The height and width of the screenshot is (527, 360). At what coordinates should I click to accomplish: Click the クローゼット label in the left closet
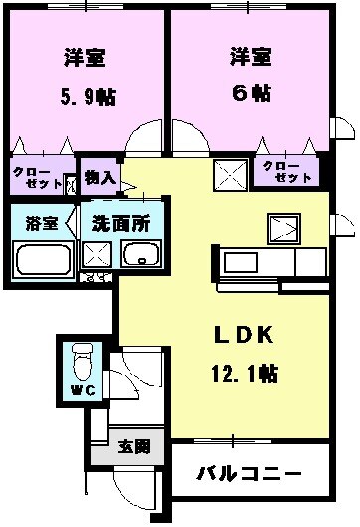pos(36,178)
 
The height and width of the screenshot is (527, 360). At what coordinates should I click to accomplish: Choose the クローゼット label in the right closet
pos(288,170)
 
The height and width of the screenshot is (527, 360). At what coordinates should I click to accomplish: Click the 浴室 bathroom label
pos(40,222)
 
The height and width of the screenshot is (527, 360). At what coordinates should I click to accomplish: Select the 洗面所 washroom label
pos(119,222)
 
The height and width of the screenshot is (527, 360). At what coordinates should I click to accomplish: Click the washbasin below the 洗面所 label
pos(141,256)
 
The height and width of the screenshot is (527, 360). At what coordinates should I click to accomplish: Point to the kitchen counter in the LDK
pos(254,263)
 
